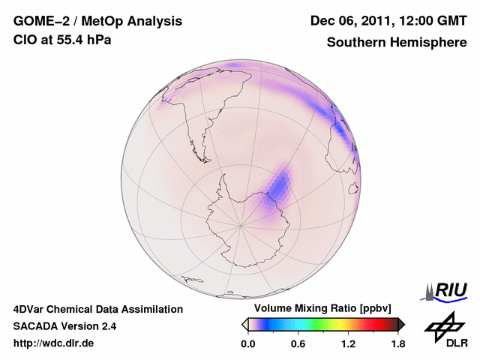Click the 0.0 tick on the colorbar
point(248,343)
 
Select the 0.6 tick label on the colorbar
point(298,343)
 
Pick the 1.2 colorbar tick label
point(348,343)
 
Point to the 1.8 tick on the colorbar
point(397,343)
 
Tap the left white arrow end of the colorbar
point(244,324)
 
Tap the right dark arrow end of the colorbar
point(402,324)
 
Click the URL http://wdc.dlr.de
point(53,343)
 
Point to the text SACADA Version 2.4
point(64,326)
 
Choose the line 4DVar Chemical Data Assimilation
point(97,309)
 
